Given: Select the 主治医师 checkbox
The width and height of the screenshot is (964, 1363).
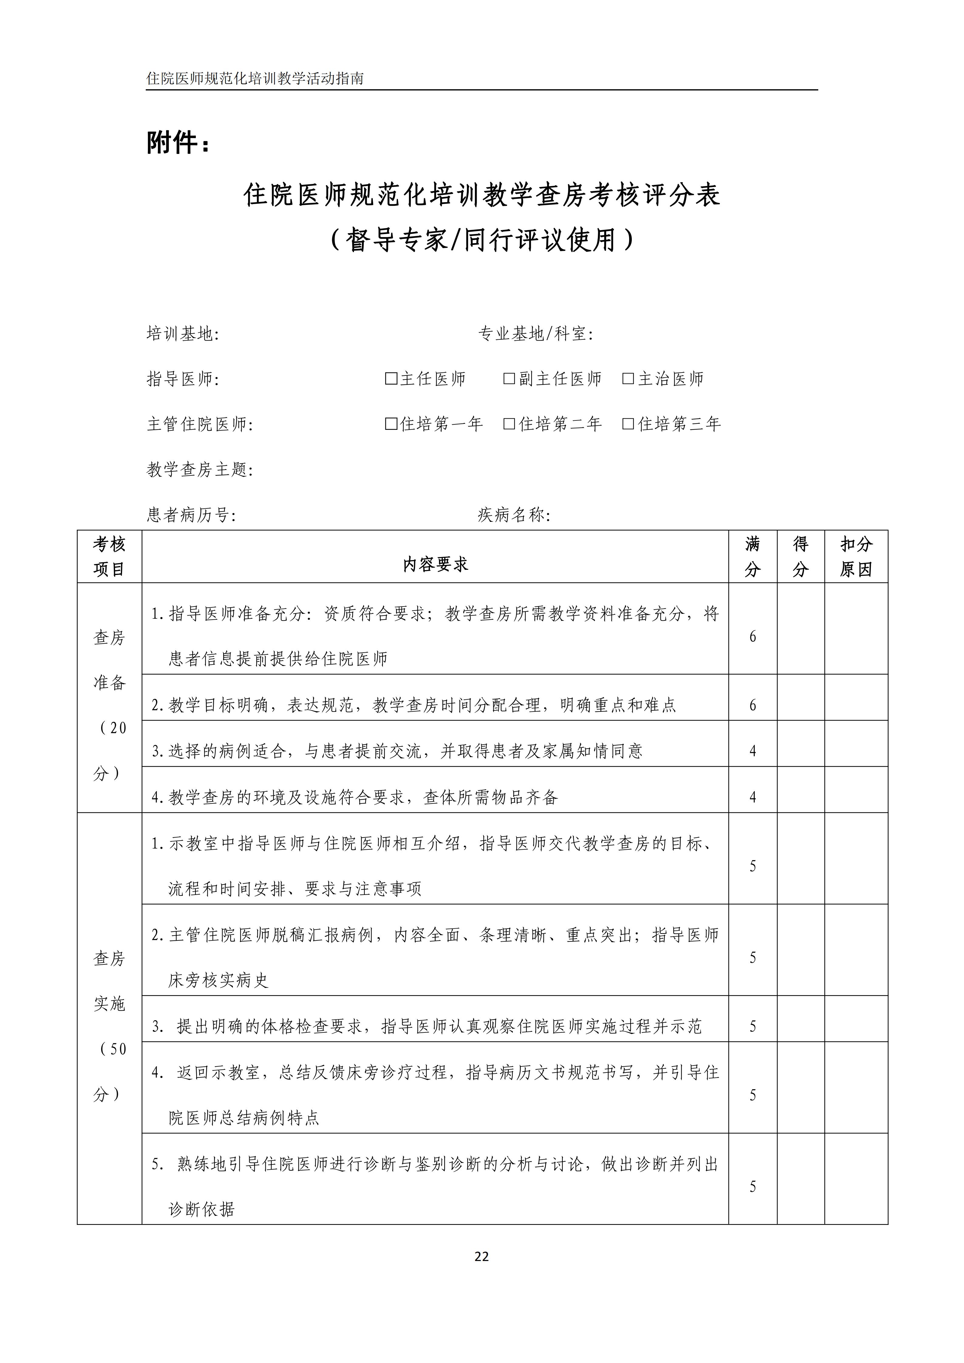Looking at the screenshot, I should (628, 379).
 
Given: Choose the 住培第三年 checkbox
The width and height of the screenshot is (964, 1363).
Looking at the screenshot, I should (628, 424).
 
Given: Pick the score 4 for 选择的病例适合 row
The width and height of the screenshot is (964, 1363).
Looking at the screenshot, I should (753, 751).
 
